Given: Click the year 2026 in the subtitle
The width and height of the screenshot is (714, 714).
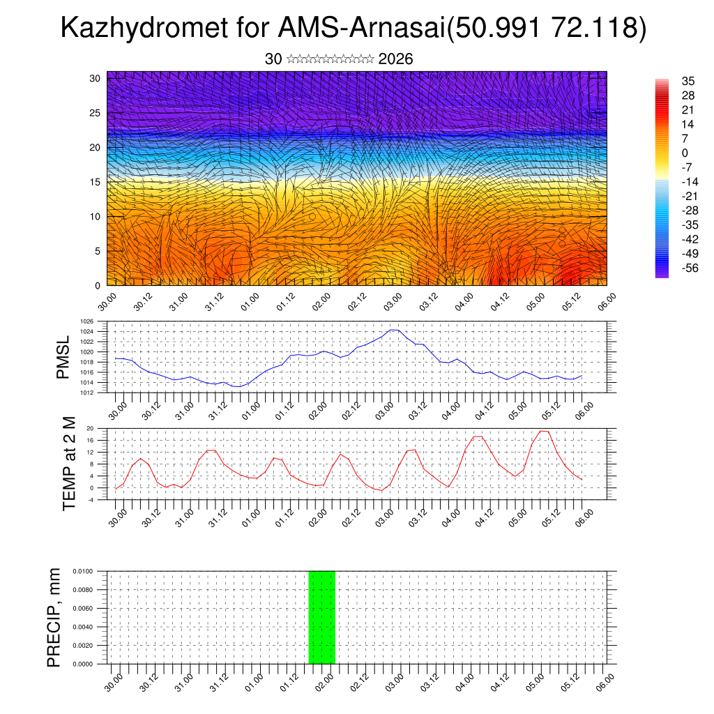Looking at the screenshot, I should pos(395,59).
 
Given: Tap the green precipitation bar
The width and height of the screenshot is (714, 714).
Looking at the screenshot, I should pos(322,617).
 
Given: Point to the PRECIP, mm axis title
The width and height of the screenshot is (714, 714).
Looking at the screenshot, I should pos(54,617).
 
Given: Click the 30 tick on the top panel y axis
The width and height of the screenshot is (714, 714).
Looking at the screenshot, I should pos(95,78).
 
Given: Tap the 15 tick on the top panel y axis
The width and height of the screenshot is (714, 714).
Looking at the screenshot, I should pos(95,182).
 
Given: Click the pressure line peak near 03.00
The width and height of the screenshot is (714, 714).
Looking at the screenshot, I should pos(394,330).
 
